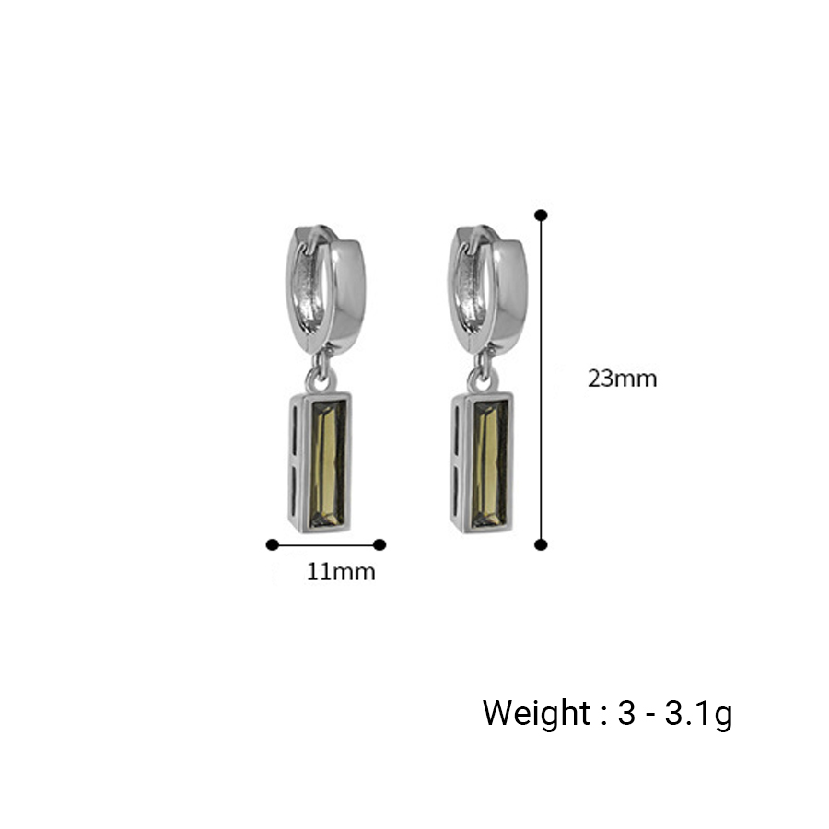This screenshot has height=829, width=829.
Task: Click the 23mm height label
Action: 623,379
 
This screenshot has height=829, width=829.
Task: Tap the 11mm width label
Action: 341,572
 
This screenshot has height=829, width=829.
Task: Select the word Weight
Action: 535,713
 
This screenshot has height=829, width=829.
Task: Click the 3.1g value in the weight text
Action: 698,714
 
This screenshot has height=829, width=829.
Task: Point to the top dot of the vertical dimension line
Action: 541,216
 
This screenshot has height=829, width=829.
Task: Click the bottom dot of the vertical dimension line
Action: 541,544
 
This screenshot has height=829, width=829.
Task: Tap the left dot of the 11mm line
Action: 273,544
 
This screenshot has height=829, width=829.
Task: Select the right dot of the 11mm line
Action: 379,544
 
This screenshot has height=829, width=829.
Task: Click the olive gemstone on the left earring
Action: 328,463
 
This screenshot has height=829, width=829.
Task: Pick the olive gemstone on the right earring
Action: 490,463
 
